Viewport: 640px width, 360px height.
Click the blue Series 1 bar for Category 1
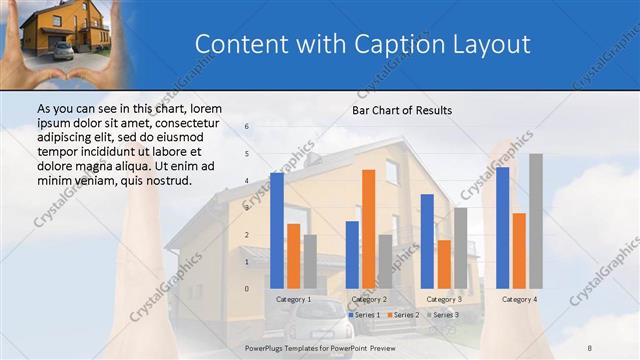277,231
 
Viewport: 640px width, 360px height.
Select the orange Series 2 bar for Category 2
368,229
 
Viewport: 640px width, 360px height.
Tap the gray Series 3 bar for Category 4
536,221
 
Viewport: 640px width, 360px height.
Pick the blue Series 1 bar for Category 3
427,241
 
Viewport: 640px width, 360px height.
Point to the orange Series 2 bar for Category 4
519,251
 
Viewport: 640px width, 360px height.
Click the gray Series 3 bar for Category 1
310,262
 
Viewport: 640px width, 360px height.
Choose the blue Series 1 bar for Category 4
503,228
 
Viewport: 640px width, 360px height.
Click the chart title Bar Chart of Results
401,110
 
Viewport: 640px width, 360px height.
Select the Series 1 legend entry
364,315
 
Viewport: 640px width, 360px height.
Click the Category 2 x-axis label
370,299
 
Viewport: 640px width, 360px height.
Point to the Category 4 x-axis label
519,299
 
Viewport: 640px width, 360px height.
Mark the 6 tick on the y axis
247,127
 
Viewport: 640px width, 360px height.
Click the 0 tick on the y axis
247,289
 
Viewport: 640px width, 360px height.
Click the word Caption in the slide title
393,44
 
